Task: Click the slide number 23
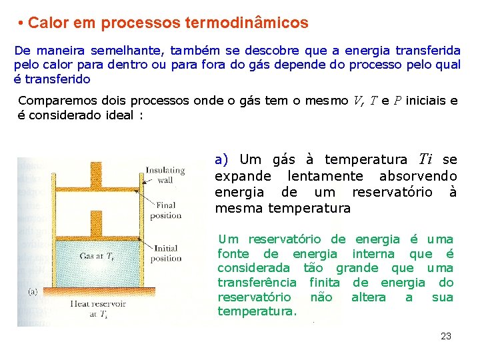coord(446,336)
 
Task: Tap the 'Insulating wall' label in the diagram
coord(165,175)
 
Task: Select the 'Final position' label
coord(166,210)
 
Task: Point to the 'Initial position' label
coord(166,253)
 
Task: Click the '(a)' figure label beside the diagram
coord(33,291)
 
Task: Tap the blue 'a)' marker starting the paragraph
coord(222,160)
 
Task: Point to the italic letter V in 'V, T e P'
coord(357,101)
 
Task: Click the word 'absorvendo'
coord(418,177)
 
